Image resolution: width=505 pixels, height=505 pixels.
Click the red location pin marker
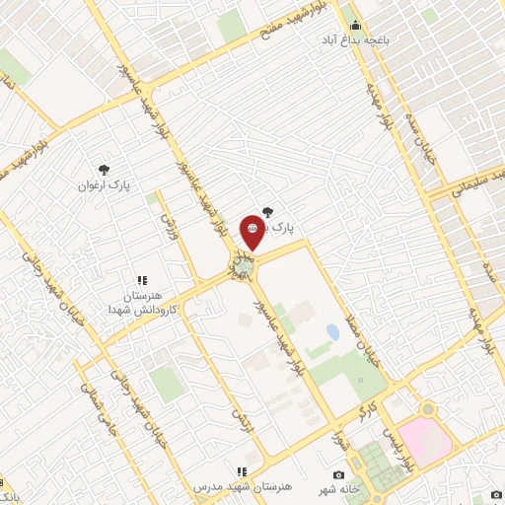click(252, 228)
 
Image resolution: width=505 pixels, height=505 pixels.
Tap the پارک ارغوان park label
click(106, 183)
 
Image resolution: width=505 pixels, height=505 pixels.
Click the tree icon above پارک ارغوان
click(106, 168)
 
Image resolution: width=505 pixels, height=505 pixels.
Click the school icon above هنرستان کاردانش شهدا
click(141, 280)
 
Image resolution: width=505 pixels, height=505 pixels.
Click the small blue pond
click(332, 332)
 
